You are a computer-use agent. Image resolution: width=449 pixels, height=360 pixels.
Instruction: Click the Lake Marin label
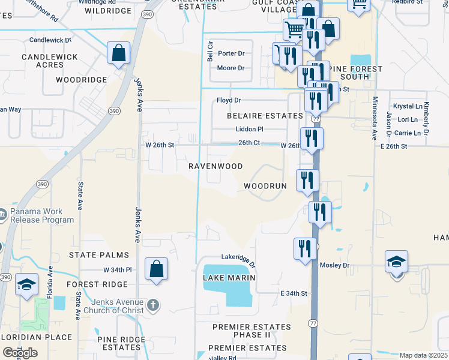(229, 278)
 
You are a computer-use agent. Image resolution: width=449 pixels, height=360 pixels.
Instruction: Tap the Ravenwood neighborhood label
(215, 166)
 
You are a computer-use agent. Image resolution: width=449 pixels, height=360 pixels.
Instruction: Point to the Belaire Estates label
(265, 115)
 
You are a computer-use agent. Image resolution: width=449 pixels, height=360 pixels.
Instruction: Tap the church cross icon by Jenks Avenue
(154, 305)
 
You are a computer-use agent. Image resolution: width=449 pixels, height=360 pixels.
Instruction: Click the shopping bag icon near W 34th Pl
(156, 270)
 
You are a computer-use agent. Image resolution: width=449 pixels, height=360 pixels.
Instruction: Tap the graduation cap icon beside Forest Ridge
(26, 286)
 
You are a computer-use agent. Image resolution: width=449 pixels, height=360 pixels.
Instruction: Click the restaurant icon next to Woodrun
(307, 181)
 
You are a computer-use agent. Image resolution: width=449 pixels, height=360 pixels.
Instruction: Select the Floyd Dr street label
(229, 100)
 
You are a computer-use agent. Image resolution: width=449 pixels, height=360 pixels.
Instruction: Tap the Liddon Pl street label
(249, 129)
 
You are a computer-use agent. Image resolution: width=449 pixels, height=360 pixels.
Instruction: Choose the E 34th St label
(294, 293)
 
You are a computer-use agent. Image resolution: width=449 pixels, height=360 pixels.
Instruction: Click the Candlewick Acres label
(42, 61)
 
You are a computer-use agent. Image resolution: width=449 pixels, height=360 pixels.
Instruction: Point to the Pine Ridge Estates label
(121, 343)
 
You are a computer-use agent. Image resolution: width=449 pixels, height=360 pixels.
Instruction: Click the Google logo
(20, 353)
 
